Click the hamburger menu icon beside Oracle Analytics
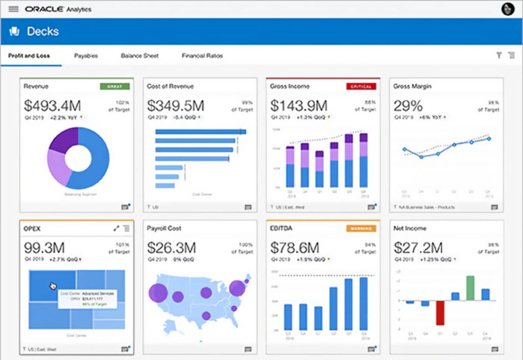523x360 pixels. click(x=13, y=9)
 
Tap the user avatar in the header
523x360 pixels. click(x=508, y=9)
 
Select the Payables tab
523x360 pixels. click(x=86, y=56)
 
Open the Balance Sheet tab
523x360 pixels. click(x=139, y=56)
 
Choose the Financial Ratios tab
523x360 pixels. click(x=202, y=56)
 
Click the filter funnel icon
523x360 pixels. click(x=499, y=56)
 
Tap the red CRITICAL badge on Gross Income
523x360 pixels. click(x=361, y=87)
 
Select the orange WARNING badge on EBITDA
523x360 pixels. click(x=361, y=229)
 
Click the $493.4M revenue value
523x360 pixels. click(x=52, y=106)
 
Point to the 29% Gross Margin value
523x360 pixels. click(x=408, y=106)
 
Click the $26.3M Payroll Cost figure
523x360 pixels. click(x=172, y=248)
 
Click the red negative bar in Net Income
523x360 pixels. click(x=440, y=313)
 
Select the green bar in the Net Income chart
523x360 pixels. click(x=470, y=288)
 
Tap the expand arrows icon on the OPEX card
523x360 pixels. click(x=116, y=228)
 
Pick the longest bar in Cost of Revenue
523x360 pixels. click(x=200, y=132)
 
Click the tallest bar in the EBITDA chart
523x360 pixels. click(x=364, y=304)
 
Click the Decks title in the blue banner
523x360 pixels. click(x=43, y=32)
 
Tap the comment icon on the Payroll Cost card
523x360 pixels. click(x=248, y=349)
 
